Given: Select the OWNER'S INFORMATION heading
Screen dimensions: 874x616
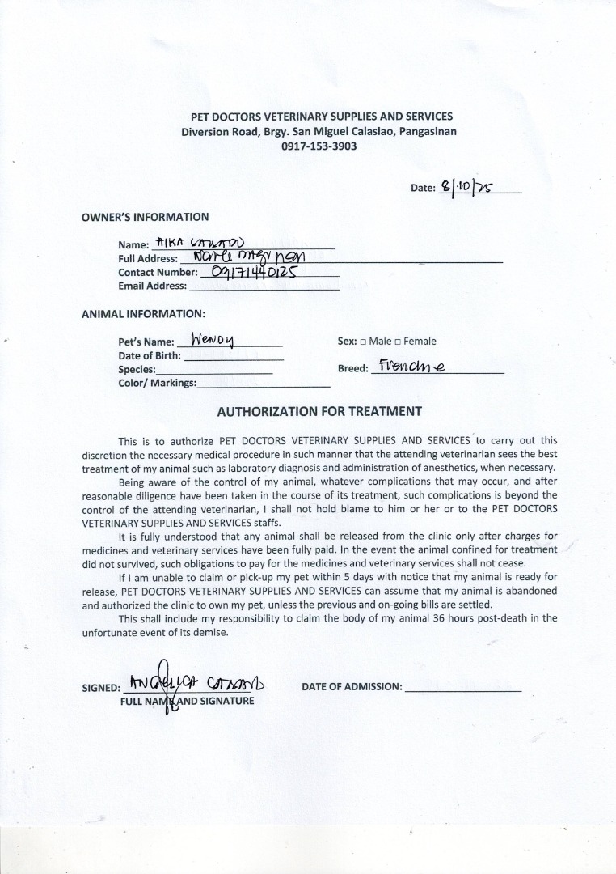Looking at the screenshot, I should (x=145, y=217).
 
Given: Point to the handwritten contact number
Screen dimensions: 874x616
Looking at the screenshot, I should (x=254, y=272).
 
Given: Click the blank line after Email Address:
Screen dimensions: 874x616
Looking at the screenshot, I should (x=264, y=286).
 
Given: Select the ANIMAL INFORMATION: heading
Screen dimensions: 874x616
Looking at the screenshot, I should (x=143, y=313).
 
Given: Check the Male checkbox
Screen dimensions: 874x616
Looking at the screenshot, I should (x=363, y=342).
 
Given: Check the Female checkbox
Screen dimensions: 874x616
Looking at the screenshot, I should (x=398, y=342).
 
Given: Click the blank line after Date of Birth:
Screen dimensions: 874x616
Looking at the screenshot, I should (x=234, y=356).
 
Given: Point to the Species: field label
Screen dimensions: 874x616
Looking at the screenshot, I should (x=137, y=369).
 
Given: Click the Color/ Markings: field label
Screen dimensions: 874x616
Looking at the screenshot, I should (x=157, y=383).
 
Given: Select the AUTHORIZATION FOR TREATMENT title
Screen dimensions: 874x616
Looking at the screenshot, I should (x=319, y=411).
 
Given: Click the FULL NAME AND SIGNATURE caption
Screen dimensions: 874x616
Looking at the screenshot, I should (x=187, y=701).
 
